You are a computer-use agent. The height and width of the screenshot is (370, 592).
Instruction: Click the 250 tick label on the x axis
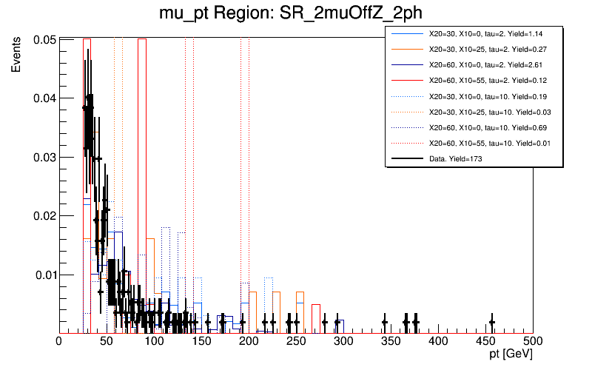296,341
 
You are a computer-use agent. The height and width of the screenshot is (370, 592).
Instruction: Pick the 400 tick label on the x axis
438,341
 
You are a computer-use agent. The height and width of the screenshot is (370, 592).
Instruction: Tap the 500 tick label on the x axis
533,341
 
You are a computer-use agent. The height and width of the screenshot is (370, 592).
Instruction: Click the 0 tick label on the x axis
59,341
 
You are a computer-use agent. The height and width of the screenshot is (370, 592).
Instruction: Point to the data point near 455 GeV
492,322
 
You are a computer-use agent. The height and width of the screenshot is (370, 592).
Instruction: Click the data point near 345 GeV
385,322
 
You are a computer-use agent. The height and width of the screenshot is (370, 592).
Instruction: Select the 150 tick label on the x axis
201,341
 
